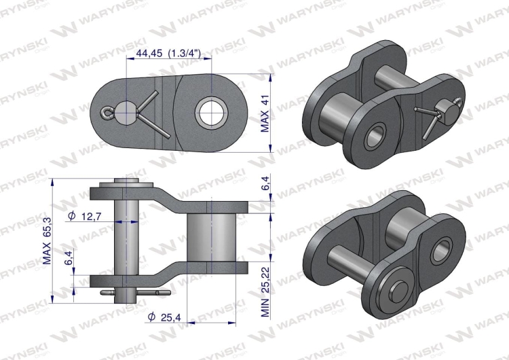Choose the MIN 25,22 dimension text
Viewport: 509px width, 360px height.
pyautogui.click(x=266, y=287)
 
